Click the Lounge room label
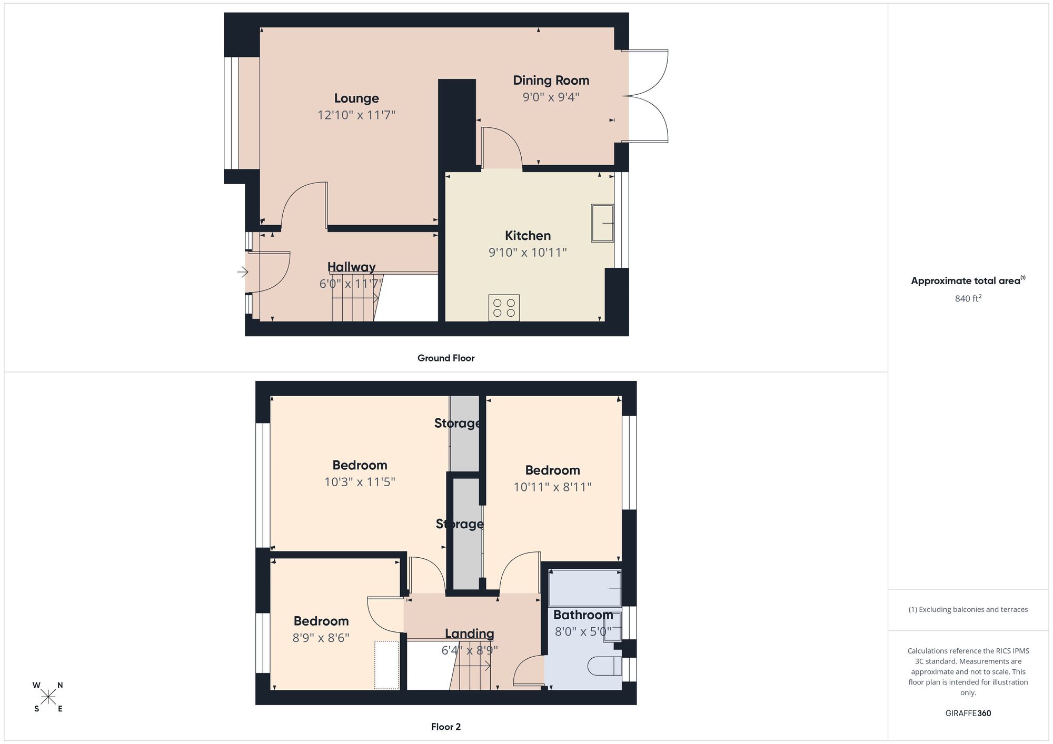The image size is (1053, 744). (356, 98)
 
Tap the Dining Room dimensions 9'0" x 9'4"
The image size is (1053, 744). (551, 97)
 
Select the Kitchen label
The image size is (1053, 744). (528, 236)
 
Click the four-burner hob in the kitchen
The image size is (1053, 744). (504, 308)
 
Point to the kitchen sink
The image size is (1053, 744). (602, 223)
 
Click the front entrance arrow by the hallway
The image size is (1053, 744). (242, 272)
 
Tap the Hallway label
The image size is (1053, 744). (351, 267)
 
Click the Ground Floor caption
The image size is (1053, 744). (446, 358)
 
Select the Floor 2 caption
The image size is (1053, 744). (446, 727)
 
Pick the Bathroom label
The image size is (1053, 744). (583, 615)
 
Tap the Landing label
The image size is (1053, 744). (469, 634)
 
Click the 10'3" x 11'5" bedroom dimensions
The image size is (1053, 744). (360, 482)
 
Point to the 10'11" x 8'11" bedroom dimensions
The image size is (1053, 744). (552, 487)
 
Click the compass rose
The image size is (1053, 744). (48, 697)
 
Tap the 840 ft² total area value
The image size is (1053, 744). (968, 299)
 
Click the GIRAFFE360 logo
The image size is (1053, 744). (968, 713)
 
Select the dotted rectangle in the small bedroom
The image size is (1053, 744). (386, 665)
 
